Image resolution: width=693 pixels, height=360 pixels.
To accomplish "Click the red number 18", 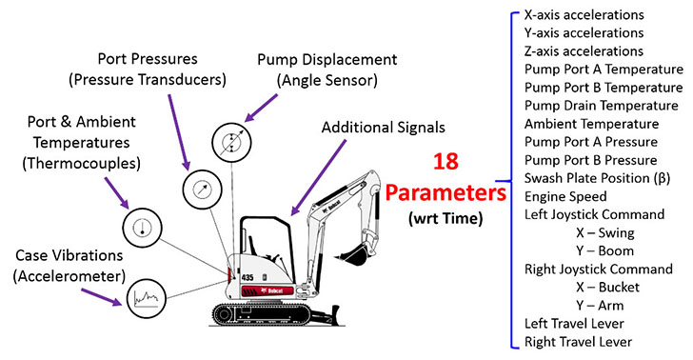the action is [x=445, y=161].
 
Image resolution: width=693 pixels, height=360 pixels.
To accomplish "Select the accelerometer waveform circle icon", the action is [x=147, y=298].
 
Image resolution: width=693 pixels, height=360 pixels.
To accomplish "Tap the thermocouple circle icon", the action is [x=143, y=228].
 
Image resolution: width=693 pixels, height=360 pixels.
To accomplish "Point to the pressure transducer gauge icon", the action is [x=203, y=189].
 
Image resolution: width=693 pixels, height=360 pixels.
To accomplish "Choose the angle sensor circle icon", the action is [x=231, y=143].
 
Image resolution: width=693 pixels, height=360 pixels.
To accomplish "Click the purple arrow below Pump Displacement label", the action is [x=261, y=108].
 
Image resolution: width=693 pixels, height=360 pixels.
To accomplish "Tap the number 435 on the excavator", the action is [x=247, y=278].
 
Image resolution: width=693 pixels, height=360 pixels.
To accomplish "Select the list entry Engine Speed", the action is [x=565, y=196].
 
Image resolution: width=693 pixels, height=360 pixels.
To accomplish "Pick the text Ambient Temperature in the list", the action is [x=591, y=124].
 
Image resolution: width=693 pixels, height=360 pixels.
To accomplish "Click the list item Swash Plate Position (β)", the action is [x=597, y=178].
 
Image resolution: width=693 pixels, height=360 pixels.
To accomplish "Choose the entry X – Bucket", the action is [x=607, y=287].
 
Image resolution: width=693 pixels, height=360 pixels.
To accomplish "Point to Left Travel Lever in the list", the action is [x=574, y=323].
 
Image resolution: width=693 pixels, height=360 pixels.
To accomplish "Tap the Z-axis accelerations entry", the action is [x=584, y=51].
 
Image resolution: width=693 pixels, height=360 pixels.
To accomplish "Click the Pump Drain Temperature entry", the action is [x=601, y=106].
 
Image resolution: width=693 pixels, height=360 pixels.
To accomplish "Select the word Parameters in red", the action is [x=445, y=193].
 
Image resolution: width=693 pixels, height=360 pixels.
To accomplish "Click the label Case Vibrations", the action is [x=69, y=255].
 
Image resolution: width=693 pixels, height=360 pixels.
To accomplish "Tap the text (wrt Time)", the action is [x=445, y=218].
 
